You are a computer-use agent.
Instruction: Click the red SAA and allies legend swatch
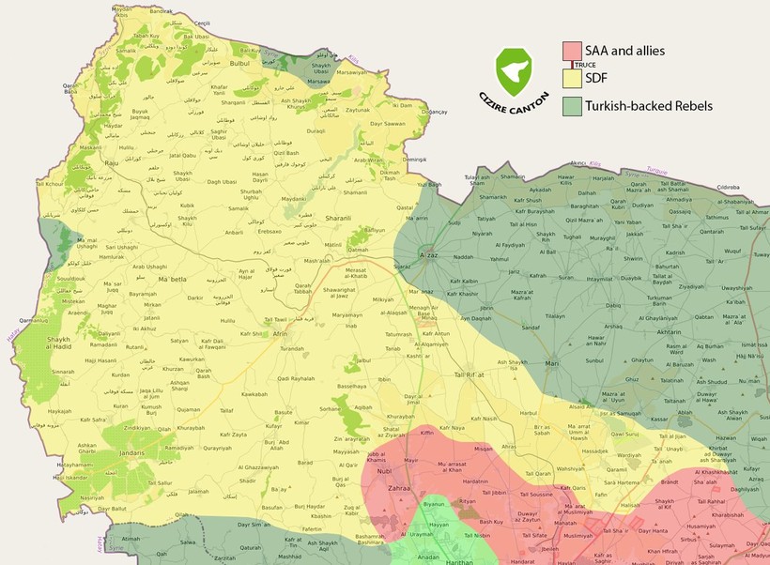[571, 51]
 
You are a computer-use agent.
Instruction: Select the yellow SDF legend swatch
[571, 79]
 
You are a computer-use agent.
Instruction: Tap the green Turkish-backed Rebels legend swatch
[571, 106]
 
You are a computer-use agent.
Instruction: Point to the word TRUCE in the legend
[586, 65]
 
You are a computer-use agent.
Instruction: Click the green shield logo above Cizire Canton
[514, 67]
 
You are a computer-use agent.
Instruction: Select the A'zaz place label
[429, 255]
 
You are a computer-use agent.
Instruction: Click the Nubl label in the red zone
[384, 470]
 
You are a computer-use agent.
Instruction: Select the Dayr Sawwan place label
[387, 123]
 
